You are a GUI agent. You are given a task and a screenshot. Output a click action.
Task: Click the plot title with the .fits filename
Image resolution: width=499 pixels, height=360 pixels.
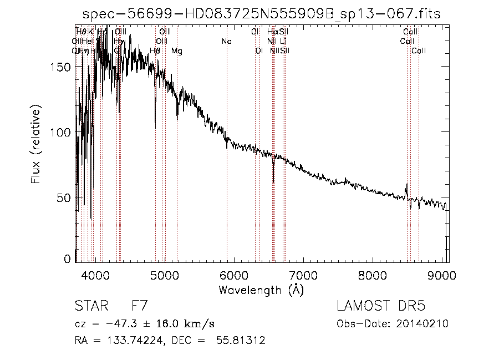[261, 14]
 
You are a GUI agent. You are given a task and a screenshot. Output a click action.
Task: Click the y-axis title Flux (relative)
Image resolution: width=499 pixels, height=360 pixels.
[36, 146]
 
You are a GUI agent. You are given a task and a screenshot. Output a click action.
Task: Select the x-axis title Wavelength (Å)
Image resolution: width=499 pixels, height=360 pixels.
[261, 290]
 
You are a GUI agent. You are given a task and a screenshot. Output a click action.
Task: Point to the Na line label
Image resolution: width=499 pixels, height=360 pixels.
[226, 42]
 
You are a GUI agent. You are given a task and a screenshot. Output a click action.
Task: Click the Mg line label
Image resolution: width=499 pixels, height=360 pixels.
[177, 51]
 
